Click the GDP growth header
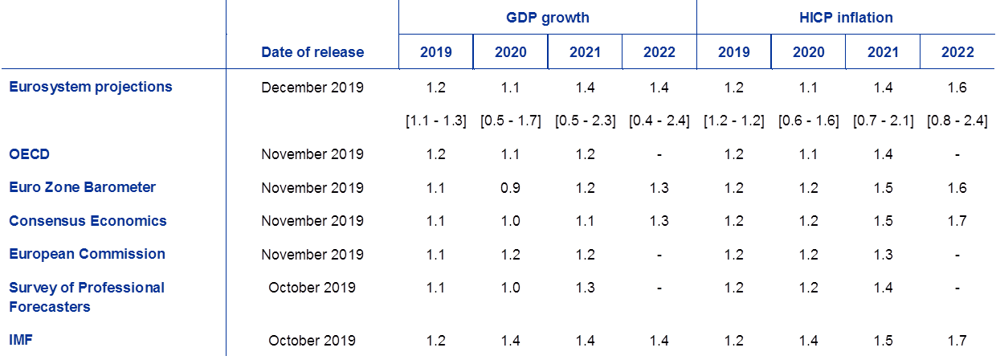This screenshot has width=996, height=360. click(547, 18)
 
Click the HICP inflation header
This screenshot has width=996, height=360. click(846, 18)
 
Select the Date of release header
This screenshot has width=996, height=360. click(312, 52)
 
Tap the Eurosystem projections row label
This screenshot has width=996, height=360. click(91, 87)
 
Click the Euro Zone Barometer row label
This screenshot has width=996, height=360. click(83, 187)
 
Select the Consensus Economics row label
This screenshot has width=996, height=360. click(88, 221)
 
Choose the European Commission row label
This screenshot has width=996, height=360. click(88, 254)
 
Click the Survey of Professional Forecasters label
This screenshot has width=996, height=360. click(88, 297)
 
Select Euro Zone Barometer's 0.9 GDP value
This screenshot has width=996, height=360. click(510, 188)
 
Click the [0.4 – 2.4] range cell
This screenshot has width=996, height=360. click(659, 121)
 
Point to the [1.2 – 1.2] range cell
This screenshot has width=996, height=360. click(733, 121)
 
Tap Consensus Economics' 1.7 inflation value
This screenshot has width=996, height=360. click(957, 221)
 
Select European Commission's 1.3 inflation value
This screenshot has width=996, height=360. click(882, 255)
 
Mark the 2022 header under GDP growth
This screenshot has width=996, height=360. click(659, 52)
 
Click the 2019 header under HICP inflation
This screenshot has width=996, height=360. click(733, 52)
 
